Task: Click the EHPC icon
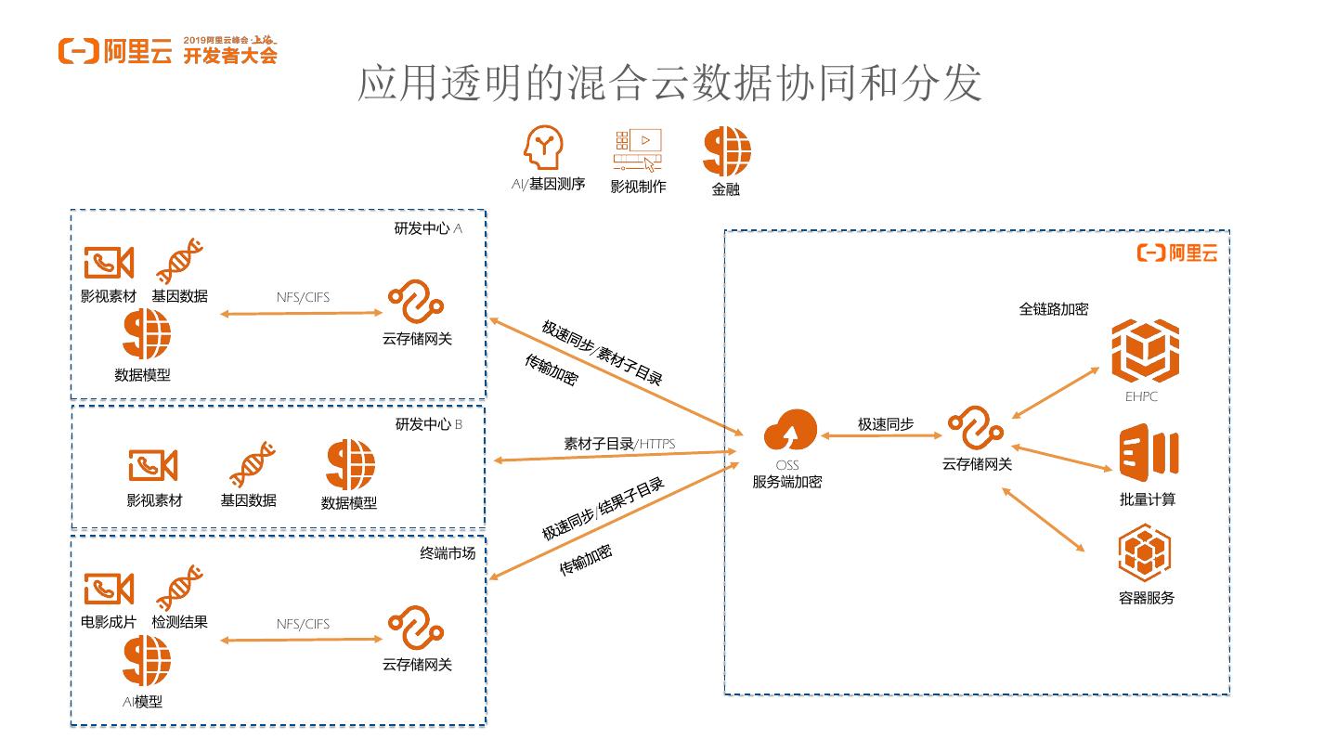(1145, 350)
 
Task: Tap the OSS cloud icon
(790, 433)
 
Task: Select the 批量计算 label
(1147, 499)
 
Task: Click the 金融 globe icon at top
(726, 152)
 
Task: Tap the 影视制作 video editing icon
(638, 150)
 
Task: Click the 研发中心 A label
(428, 228)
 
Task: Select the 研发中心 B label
(428, 424)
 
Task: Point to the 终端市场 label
(448, 553)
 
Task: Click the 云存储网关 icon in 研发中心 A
(415, 303)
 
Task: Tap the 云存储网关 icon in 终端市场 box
(415, 629)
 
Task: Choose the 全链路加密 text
(1053, 309)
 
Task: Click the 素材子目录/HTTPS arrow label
(618, 444)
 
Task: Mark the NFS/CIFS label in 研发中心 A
(303, 297)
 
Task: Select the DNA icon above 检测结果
(180, 588)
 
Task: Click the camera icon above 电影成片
(110, 589)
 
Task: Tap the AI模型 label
(142, 702)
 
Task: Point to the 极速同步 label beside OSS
(885, 424)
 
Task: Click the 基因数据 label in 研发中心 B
(248, 500)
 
